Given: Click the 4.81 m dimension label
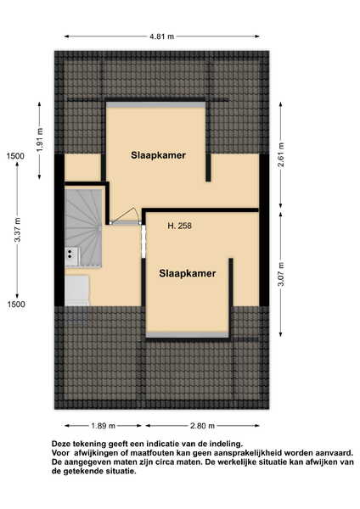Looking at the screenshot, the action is pos(161,36).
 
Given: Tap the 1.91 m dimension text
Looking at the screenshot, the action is pos(40,140).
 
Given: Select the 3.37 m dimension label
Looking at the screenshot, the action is pos(18,230).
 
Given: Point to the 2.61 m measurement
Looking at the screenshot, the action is pos(281,154).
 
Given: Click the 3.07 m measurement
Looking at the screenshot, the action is pos(281,274).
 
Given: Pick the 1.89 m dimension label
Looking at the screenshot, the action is pos(103,426).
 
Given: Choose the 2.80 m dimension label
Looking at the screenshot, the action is pos(202,426).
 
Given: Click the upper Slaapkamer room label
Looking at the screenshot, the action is pos(158,155).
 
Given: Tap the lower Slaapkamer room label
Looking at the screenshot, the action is pos(188,273).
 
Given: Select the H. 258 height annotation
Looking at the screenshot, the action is pos(179,226).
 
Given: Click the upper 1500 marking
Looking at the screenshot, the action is pos(15,156).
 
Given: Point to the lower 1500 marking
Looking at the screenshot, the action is pos(16,305).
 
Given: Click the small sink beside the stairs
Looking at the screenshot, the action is pos(71,253).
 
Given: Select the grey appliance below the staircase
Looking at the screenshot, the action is pos(77,291).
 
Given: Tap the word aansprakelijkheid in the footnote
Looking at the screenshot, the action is pos(252,452).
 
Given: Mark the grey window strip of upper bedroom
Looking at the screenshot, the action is pos(156,105).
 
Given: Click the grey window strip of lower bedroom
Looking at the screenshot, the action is pos(188,335).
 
